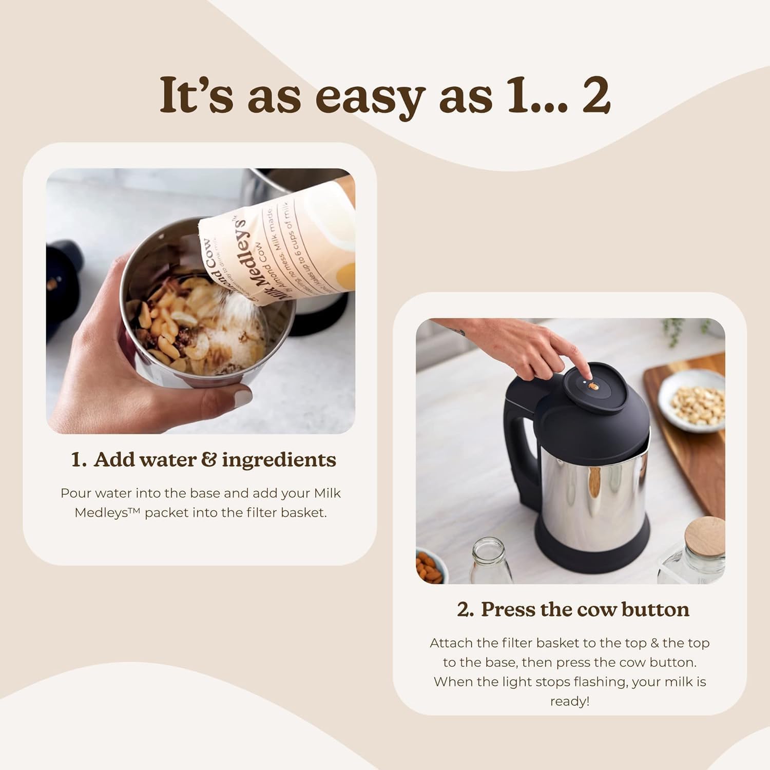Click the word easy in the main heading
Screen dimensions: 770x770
point(370,97)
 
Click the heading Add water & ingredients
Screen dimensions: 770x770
point(203,459)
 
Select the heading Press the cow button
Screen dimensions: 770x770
point(573,609)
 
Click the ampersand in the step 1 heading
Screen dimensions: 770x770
point(208,459)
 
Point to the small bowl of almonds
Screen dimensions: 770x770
point(430,566)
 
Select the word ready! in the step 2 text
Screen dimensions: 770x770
point(569,701)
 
